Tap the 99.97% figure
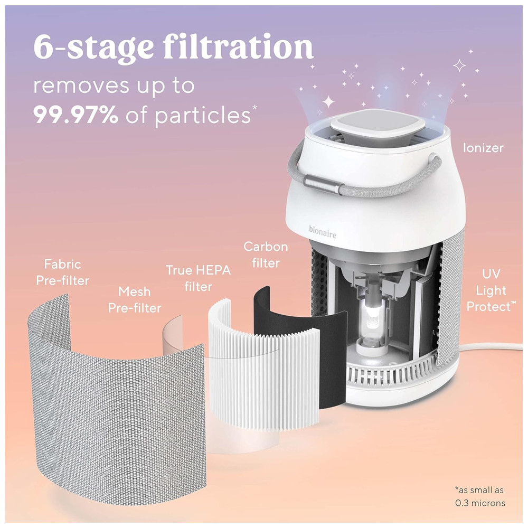click(x=76, y=115)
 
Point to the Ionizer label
click(x=483, y=148)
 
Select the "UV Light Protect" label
click(x=491, y=290)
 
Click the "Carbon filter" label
click(x=266, y=254)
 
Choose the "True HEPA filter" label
click(x=199, y=278)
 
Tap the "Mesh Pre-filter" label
click(x=135, y=300)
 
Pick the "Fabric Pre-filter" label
click(x=63, y=272)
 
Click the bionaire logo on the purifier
click(x=323, y=232)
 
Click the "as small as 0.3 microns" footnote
click(x=480, y=496)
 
